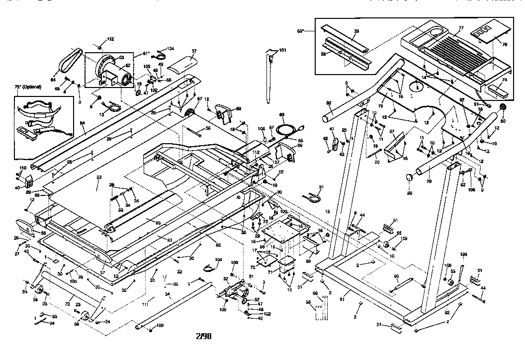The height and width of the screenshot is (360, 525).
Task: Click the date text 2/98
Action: tap(204, 336)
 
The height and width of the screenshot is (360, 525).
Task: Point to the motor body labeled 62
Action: tap(119, 75)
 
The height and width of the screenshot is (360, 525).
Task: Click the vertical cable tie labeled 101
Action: tap(270, 75)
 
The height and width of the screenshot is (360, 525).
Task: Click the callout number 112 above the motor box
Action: tap(110, 39)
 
